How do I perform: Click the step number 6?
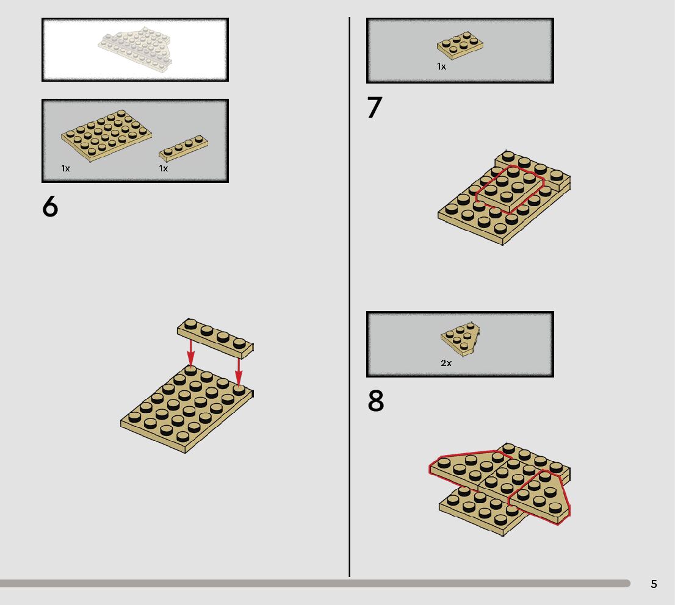(x=50, y=207)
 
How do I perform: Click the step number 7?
(x=375, y=107)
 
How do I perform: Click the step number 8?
(x=375, y=401)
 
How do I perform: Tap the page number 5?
(x=654, y=584)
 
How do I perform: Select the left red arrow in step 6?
(x=190, y=353)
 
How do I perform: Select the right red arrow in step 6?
(x=239, y=371)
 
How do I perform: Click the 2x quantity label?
(x=446, y=363)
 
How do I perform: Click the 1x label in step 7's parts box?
(x=442, y=66)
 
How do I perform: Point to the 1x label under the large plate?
(x=65, y=168)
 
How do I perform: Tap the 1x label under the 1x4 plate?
(x=163, y=168)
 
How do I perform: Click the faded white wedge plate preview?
(x=135, y=49)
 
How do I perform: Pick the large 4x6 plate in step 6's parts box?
(x=106, y=135)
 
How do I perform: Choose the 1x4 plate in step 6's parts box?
(x=183, y=148)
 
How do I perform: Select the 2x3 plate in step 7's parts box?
(x=460, y=45)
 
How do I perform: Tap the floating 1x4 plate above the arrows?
(x=215, y=338)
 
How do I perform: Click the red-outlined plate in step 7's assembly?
(x=510, y=188)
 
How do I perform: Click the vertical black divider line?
(x=349, y=297)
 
